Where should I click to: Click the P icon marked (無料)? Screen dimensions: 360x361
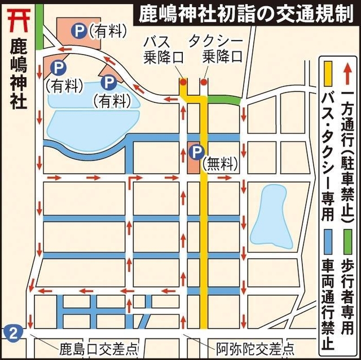point(196,151)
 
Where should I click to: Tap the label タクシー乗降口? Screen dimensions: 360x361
point(215,49)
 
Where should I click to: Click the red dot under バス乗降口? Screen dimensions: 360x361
point(183,82)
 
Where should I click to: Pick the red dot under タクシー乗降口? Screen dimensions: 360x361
point(204,82)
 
